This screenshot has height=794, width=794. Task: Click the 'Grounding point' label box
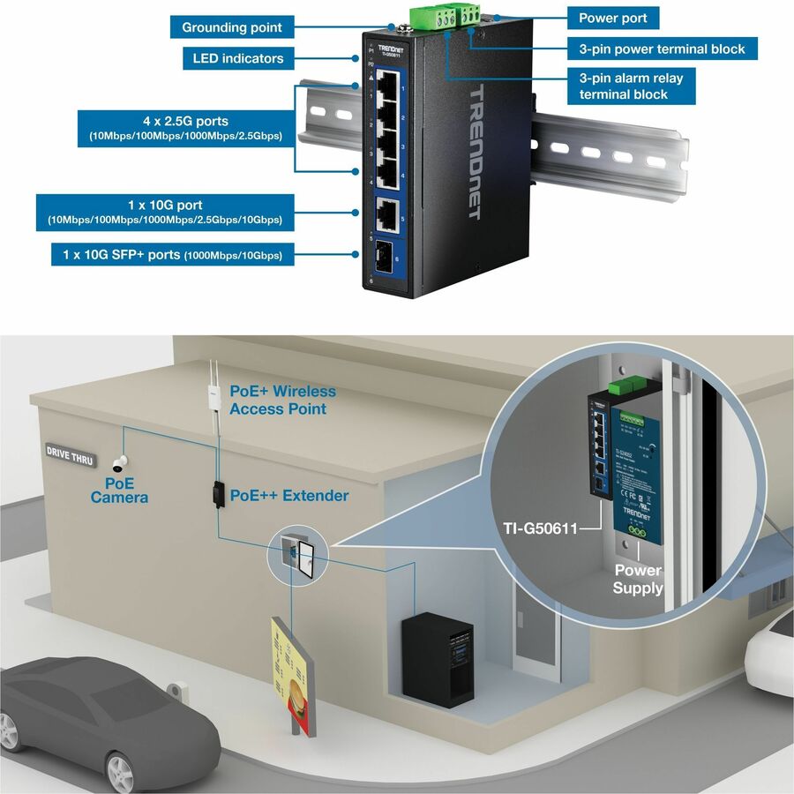pos(232,27)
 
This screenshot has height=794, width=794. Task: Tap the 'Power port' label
pos(611,18)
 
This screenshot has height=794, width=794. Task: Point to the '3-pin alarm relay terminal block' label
pos(630,86)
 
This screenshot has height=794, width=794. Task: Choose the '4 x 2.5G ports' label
pos(184,129)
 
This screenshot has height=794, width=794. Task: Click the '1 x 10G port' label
pos(165,212)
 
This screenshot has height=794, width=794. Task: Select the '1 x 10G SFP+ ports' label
pos(172,255)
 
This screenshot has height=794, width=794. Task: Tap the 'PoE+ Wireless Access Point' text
pos(281,400)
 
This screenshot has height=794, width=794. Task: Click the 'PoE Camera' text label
pos(119,491)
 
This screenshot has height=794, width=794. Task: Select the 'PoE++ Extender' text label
pos(288,496)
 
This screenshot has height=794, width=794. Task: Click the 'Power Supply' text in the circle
pos(637,579)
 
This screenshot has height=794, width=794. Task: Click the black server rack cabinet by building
pos(437,658)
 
